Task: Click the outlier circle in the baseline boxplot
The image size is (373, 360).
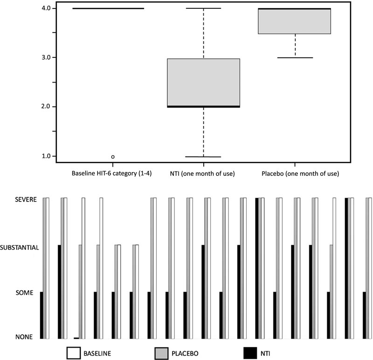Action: (x=113, y=157)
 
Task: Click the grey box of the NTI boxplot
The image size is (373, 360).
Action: (x=204, y=82)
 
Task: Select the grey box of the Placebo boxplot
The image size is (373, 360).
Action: (x=295, y=21)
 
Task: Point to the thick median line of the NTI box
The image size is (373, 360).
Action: (x=204, y=107)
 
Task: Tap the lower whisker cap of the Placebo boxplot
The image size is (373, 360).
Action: (x=295, y=57)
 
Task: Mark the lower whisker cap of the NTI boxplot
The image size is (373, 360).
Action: (x=204, y=157)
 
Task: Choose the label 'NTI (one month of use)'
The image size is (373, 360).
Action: (x=204, y=173)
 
